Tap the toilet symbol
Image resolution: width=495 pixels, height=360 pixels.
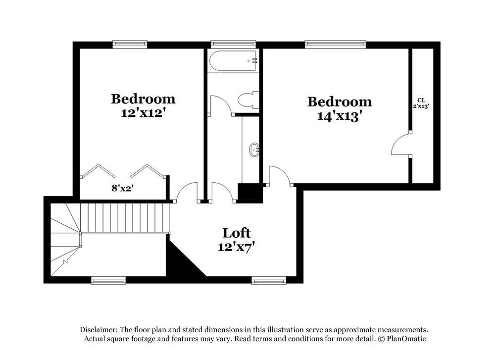[249, 100]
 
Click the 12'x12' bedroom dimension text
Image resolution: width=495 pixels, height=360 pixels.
[143, 112]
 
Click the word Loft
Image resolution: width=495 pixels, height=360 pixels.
[236, 232]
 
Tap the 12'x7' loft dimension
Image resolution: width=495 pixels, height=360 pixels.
[236, 246]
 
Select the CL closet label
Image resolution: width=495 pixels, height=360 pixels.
[421, 100]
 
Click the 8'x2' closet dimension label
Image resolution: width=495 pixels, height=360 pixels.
[122, 188]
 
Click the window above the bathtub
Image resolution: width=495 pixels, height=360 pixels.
[233, 44]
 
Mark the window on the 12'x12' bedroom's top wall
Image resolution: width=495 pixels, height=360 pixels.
[130, 44]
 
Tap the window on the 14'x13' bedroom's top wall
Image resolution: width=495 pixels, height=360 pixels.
[335, 44]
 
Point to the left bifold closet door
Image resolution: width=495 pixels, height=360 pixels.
[98, 171]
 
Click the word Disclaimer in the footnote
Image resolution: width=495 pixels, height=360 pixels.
[98, 330]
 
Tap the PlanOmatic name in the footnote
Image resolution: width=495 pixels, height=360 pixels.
[405, 339]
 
